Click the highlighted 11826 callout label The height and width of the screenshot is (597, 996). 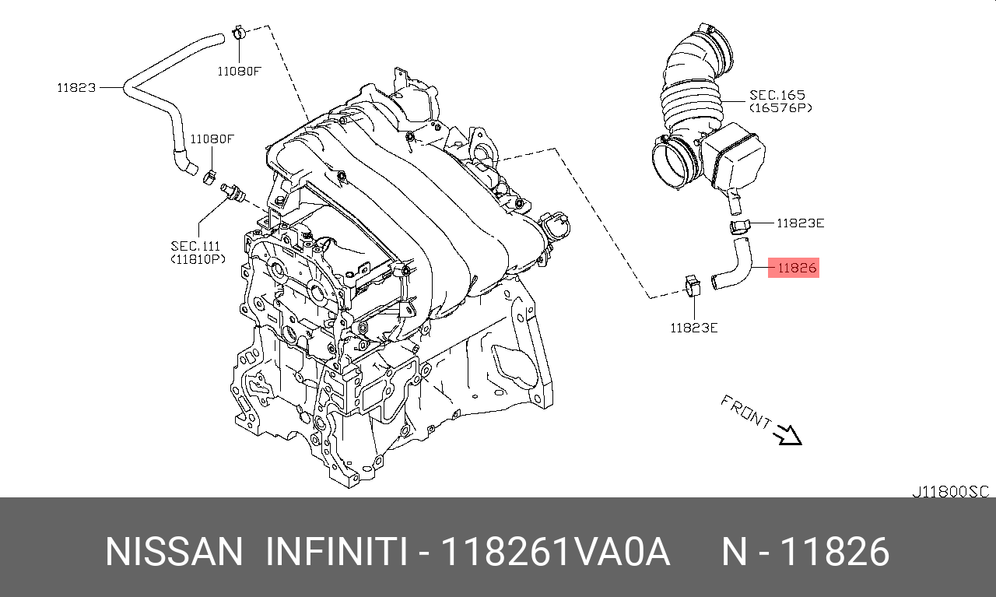(x=793, y=268)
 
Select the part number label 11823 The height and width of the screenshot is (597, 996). (x=76, y=88)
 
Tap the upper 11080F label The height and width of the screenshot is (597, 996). (x=239, y=71)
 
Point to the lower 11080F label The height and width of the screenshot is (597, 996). (x=212, y=139)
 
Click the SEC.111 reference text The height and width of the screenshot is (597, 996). (x=195, y=245)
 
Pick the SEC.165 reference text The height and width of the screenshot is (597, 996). (x=777, y=95)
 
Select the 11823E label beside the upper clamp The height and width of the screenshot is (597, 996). (x=800, y=223)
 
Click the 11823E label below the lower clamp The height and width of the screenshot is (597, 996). (x=693, y=328)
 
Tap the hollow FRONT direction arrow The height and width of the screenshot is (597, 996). (x=787, y=435)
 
